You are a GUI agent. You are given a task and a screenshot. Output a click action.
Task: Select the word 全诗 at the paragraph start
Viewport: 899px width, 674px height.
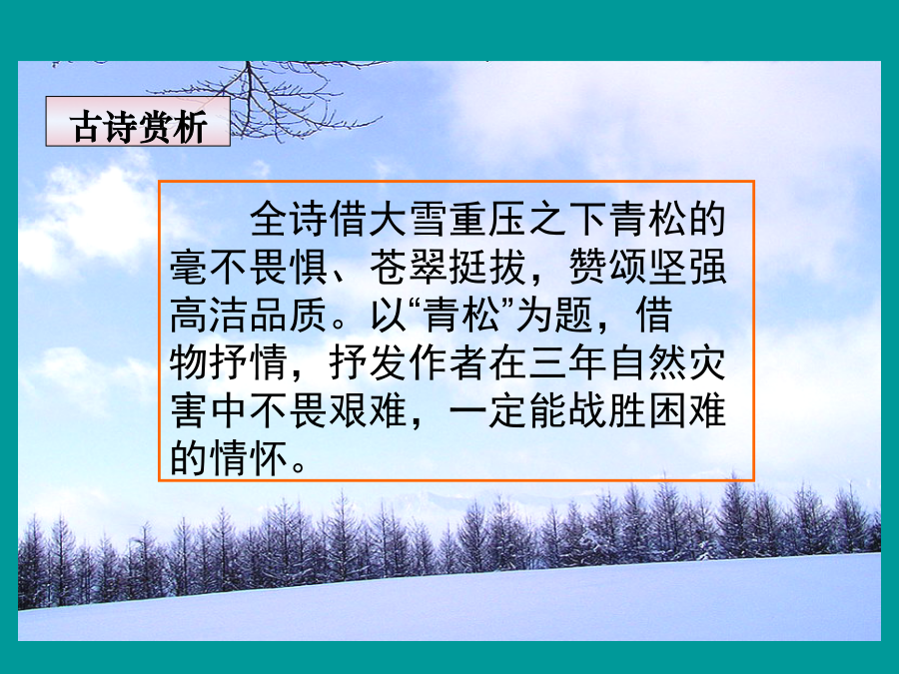pyautogui.click(x=289, y=219)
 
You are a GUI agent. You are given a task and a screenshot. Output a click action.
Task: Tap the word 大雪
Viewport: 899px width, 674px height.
pyautogui.click(x=409, y=219)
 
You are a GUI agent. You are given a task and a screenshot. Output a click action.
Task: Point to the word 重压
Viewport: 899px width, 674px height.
pyautogui.click(x=487, y=219)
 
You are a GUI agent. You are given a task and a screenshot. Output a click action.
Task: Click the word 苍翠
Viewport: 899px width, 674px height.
pyautogui.click(x=409, y=267)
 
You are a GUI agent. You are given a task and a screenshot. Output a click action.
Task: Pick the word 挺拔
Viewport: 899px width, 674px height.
pyautogui.click(x=487, y=267)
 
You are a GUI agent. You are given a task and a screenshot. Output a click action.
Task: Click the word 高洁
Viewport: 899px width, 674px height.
pyautogui.click(x=209, y=316)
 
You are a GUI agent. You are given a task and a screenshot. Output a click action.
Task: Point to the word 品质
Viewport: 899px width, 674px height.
pyautogui.click(x=289, y=316)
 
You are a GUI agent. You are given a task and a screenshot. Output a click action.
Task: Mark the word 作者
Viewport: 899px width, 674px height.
pyautogui.click(x=449, y=363)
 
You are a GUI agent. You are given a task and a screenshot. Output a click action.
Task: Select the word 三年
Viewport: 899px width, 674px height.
pyautogui.click(x=567, y=363)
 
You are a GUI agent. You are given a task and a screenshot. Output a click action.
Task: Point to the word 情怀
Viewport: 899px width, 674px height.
pyautogui.click(x=249, y=458)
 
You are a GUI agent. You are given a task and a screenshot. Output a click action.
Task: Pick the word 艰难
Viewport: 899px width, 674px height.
pyautogui.click(x=368, y=411)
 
